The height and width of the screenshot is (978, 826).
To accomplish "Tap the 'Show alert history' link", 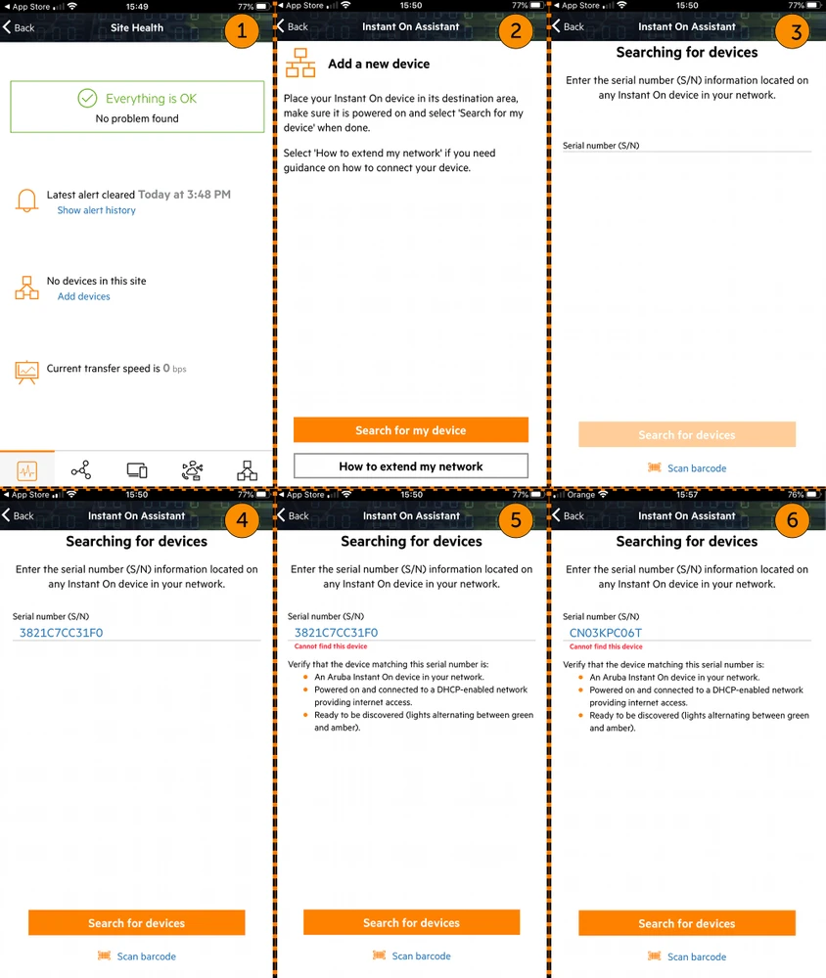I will point(96,210).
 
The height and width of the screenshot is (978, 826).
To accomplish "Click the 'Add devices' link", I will point(83,296).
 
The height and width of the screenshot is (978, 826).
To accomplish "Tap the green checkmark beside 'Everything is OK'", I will point(88,99).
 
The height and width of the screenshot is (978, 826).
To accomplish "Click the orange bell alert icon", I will point(27,201).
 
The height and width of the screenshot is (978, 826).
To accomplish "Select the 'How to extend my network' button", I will point(411,467).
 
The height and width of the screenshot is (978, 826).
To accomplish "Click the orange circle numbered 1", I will point(241,32).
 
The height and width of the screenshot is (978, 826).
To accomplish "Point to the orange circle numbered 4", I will point(241,520).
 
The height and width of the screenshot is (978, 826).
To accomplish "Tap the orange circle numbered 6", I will point(793,520).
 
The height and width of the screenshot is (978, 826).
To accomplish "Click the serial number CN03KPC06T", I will point(605,633).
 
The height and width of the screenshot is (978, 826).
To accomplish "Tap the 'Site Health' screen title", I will point(137,27).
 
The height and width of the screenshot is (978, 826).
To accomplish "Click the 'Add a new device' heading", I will point(379,64).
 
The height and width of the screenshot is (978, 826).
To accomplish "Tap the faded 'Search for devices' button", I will point(687,435).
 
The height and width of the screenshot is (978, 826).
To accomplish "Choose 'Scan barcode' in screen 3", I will point(696,468).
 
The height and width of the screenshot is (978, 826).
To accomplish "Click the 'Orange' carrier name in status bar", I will point(581,495).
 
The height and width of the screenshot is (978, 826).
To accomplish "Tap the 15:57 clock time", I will point(687,495).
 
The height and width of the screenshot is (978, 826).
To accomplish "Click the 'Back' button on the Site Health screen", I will point(19,27).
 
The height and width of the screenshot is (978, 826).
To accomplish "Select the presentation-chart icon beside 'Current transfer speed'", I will point(27,372).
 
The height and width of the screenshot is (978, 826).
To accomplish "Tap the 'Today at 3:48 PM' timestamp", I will point(184,195).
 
